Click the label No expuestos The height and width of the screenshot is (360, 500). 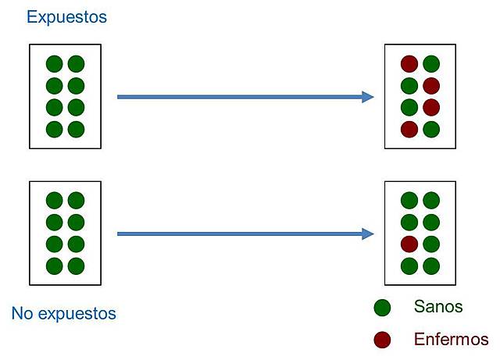tap(63, 314)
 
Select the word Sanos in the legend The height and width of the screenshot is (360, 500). tap(438, 307)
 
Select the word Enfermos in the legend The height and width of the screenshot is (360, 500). tap(451, 340)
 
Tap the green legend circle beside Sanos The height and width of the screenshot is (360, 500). tap(382, 308)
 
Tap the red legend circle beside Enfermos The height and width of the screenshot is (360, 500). tap(382, 340)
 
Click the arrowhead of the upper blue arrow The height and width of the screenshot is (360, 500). tap(368, 97)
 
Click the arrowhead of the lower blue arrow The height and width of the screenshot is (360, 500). tap(368, 233)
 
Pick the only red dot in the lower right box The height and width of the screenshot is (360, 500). tap(409, 244)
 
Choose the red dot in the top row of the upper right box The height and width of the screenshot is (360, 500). tap(409, 64)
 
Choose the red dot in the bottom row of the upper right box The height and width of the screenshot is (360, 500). tap(409, 129)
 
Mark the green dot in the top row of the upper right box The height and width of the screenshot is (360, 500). tap(430, 64)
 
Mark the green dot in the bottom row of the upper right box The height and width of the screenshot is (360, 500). tap(430, 129)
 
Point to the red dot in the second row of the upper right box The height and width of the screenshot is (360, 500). tap(430, 86)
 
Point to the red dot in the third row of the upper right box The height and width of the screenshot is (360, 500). tap(430, 107)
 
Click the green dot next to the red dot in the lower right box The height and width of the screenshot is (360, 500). tap(430, 244)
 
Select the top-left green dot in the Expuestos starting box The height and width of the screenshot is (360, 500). tap(54, 64)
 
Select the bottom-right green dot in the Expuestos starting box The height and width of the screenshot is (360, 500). tap(76, 129)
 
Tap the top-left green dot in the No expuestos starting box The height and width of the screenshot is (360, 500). tap(54, 201)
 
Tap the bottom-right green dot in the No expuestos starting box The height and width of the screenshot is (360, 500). tap(76, 266)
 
